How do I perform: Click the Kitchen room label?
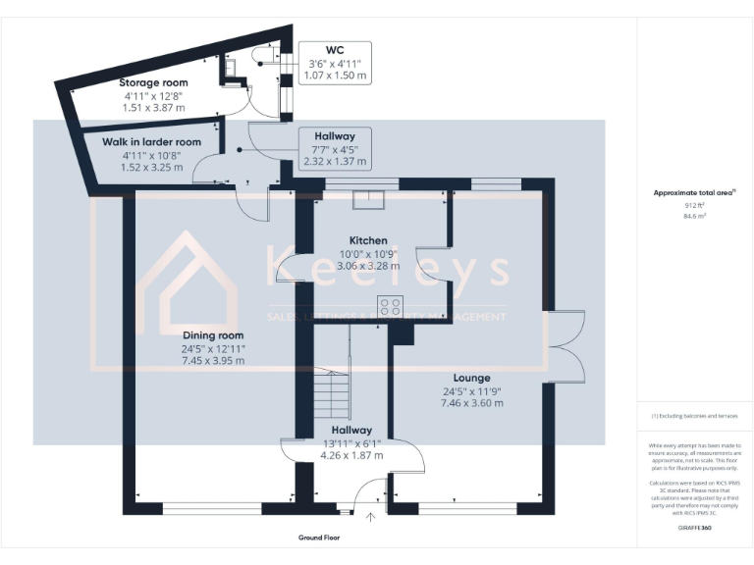(368, 240)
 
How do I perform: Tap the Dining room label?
(212, 335)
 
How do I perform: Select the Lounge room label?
(471, 378)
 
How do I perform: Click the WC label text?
(334, 48)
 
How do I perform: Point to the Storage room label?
(153, 83)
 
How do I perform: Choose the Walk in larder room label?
(152, 142)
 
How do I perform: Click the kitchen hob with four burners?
(390, 305)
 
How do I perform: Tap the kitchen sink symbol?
(369, 199)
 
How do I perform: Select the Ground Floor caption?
(319, 538)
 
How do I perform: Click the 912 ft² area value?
(694, 206)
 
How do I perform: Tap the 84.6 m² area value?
(694, 217)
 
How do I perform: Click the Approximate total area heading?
(693, 193)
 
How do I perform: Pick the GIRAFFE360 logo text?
(694, 527)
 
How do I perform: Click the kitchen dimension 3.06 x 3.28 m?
(368, 265)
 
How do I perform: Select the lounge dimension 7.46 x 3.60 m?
(471, 402)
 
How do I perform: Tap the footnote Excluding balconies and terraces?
(694, 416)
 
